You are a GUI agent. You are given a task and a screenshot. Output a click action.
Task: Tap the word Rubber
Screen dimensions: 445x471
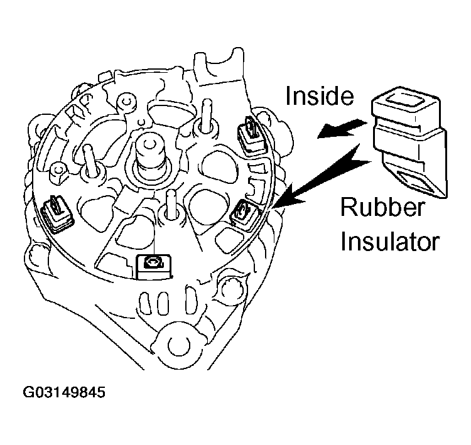[383, 208]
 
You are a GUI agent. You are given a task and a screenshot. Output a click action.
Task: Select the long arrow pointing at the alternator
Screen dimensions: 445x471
[318, 178]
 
